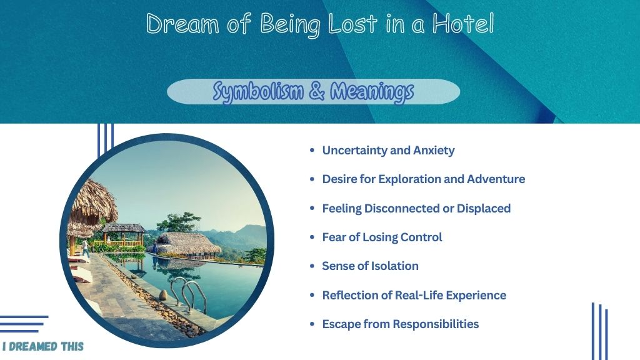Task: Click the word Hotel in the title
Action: tap(463, 24)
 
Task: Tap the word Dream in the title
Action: tap(182, 24)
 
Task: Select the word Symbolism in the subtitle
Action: tap(258, 91)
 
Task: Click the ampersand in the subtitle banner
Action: tap(317, 91)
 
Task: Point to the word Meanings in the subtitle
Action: tap(372, 91)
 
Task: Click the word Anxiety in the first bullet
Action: tap(434, 151)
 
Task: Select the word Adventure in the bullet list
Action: tap(496, 179)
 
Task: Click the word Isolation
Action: tap(395, 266)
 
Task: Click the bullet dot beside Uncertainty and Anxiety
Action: tap(312, 151)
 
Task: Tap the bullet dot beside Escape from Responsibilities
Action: tap(312, 324)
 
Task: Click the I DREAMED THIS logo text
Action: tap(43, 346)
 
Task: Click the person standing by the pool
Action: tap(85, 248)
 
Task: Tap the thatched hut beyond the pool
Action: tap(187, 244)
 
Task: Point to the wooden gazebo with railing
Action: tap(122, 235)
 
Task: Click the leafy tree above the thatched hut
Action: tap(179, 222)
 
